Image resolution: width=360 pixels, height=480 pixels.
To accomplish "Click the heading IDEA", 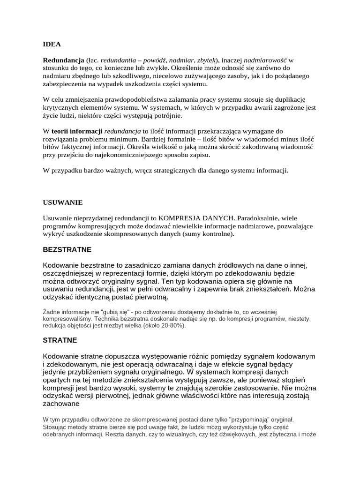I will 52,45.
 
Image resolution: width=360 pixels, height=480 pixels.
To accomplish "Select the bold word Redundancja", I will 64,60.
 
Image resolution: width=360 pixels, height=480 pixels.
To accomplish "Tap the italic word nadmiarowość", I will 266,60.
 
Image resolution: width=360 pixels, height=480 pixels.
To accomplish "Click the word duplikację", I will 289,100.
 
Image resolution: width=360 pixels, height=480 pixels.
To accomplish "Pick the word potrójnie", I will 165,116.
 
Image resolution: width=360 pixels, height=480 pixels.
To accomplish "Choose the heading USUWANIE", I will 62,202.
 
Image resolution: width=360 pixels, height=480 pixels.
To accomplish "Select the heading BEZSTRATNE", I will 67,249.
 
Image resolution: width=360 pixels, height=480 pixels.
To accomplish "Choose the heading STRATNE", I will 60,340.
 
